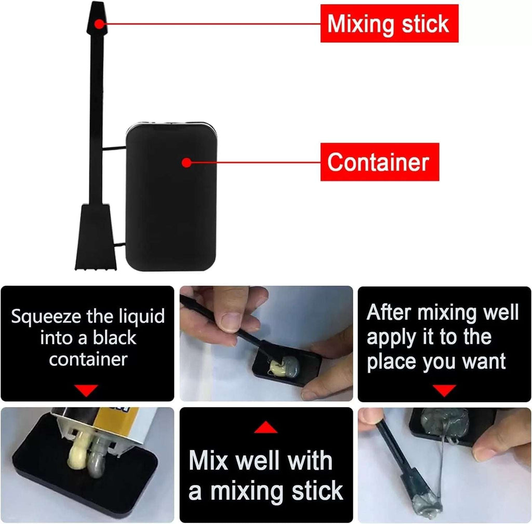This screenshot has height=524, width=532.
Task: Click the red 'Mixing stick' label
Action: pos(389,23)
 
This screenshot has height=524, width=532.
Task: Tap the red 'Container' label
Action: pos(380,162)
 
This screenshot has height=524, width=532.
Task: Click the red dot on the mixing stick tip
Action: pos(99,24)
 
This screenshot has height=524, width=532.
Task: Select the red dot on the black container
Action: pos(187,163)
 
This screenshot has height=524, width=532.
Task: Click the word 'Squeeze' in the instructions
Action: pos(46,316)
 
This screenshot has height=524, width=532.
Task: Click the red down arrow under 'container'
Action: pos(86,390)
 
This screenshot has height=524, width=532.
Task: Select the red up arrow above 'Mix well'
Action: pos(265,428)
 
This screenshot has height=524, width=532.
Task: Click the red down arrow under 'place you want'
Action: pos(444,390)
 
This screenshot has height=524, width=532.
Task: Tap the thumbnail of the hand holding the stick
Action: pos(266,343)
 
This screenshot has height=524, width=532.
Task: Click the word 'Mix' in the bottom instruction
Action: pos(210,461)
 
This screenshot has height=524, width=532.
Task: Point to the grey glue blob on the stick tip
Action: pos(427,505)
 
